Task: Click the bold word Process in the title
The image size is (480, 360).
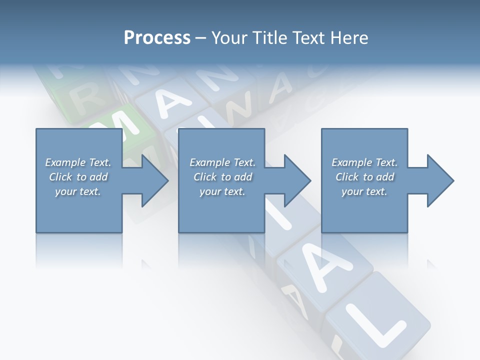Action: [x=157, y=38]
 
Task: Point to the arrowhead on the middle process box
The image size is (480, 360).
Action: [x=296, y=180]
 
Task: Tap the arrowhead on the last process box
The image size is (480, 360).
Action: [x=439, y=180]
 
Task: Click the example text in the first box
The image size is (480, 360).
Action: [x=78, y=177]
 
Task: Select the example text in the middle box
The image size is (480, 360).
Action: [x=222, y=177]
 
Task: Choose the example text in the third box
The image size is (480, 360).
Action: [x=364, y=177]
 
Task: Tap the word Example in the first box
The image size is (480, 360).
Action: [x=65, y=162]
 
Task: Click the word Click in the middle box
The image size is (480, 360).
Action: [x=204, y=177]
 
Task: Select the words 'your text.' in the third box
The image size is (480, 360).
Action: [x=364, y=191]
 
